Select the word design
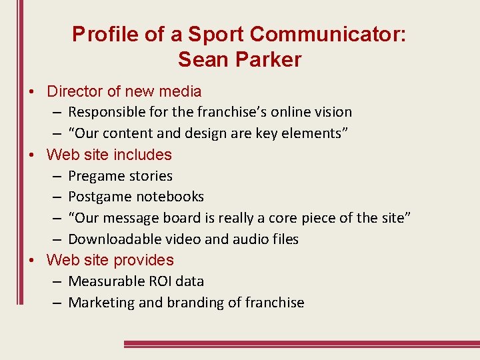(x=191, y=133)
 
